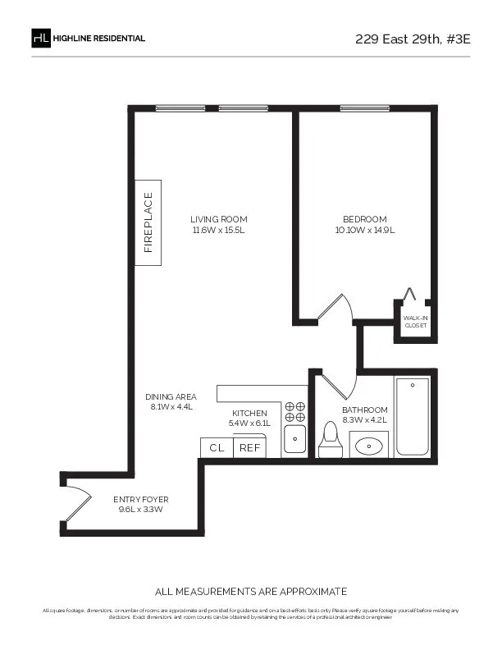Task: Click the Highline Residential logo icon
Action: (41, 39)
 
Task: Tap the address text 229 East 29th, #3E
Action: (411, 39)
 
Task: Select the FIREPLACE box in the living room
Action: (148, 222)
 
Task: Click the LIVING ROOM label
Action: (218, 219)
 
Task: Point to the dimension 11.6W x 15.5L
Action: (218, 231)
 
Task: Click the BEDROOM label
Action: (364, 219)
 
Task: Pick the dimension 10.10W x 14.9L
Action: (364, 231)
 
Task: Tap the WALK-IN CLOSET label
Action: (416, 321)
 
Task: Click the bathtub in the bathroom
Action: (413, 416)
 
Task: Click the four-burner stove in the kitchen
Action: (294, 411)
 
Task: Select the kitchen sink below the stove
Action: (294, 438)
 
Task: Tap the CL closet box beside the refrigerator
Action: (217, 448)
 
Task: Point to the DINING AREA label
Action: (171, 396)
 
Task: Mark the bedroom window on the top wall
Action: (364, 108)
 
